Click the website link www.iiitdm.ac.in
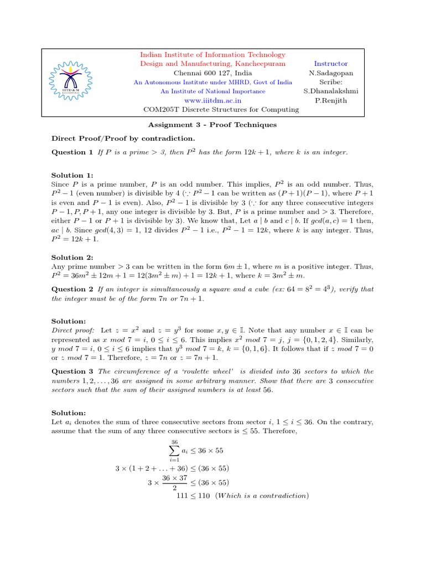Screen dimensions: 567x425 click(x=212, y=100)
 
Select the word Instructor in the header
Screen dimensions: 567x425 click(x=331, y=64)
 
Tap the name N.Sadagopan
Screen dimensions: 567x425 click(x=331, y=73)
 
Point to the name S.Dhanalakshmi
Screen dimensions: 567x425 click(x=331, y=91)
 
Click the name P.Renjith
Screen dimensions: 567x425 click(x=331, y=100)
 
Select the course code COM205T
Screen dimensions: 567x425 click(x=160, y=110)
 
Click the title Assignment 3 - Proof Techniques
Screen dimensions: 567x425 click(x=212, y=125)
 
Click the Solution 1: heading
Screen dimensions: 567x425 click(x=72, y=175)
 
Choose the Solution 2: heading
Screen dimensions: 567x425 click(x=72, y=257)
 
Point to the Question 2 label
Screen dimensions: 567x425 click(x=72, y=289)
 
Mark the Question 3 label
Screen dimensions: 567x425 click(x=72, y=372)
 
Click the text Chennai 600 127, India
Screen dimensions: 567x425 click(x=212, y=73)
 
